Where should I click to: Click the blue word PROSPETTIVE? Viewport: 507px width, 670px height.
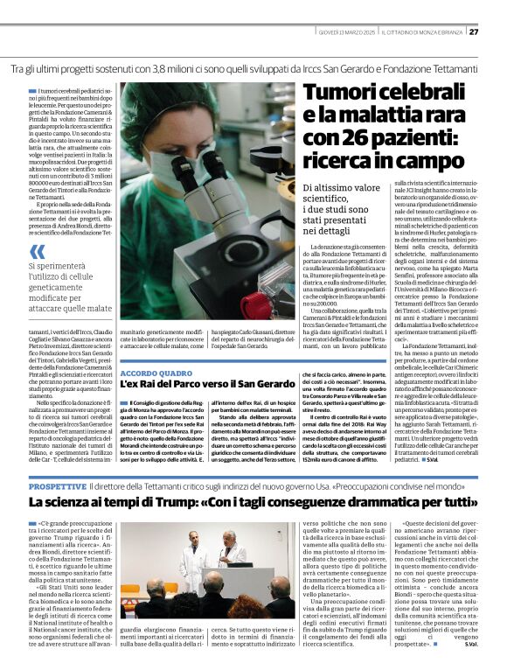[58, 485]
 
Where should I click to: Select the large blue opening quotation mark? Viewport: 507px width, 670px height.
[35, 252]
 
